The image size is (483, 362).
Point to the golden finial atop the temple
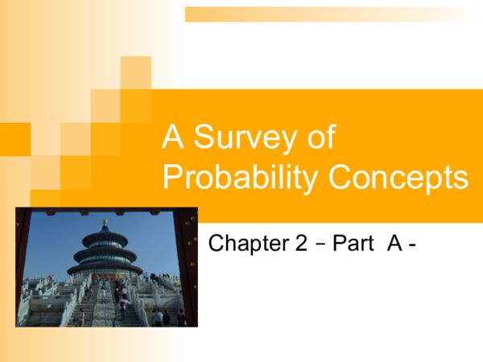click(x=105, y=221)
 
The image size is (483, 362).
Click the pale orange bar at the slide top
click(x=330, y=14)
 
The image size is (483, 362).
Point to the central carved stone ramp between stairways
click(x=105, y=310)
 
